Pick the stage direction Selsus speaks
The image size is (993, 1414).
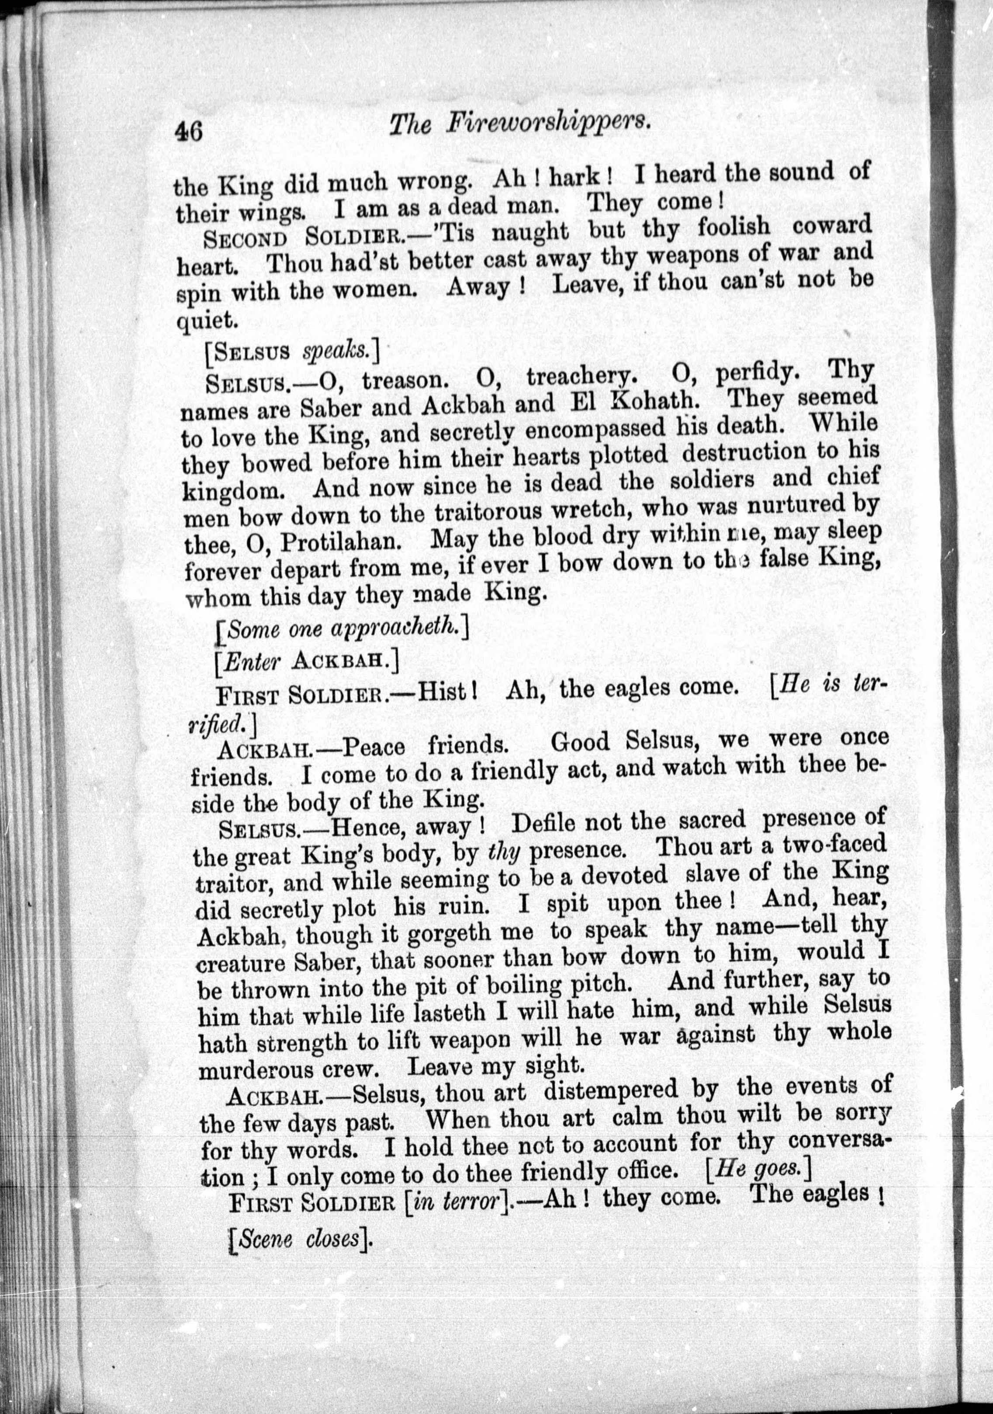[x=292, y=352]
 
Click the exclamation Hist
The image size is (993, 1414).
[x=449, y=691]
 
